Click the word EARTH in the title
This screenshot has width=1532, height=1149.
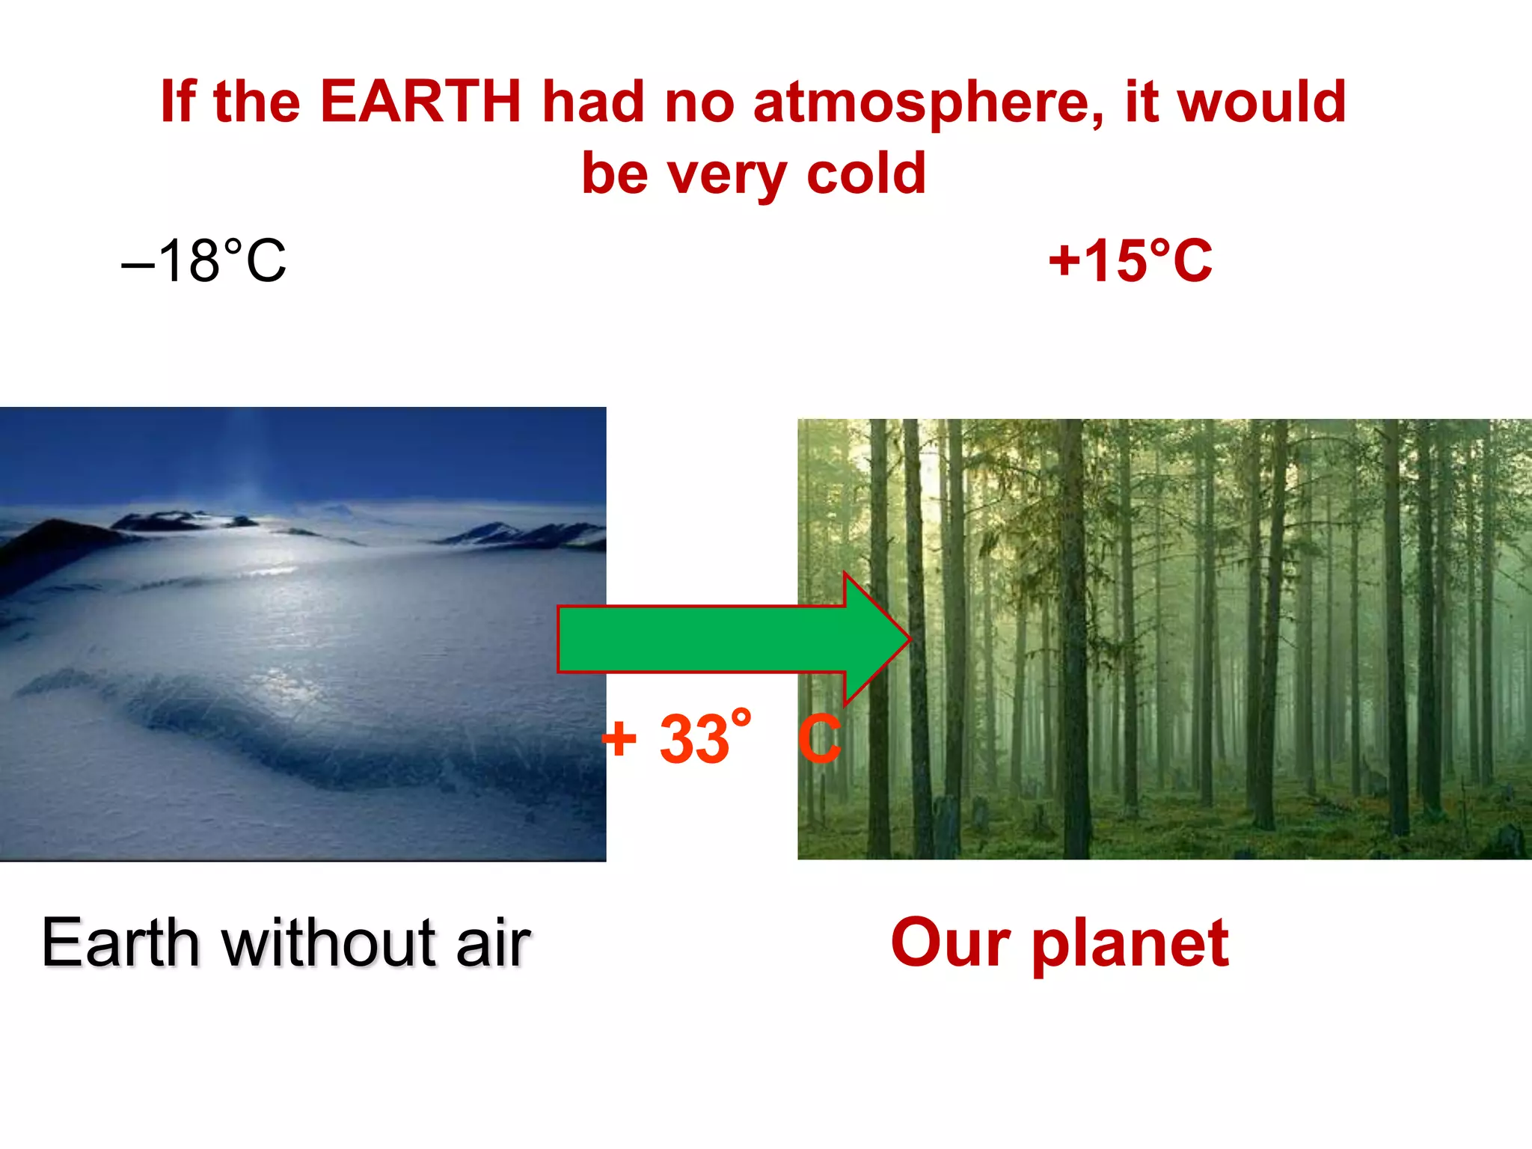[420, 102]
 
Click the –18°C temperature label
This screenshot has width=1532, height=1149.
[203, 261]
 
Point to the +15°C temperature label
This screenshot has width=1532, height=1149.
[1130, 261]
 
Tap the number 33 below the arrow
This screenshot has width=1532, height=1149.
[693, 739]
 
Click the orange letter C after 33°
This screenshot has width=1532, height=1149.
[820, 739]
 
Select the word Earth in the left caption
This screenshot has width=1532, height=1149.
[120, 943]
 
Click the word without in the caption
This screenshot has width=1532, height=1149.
[329, 943]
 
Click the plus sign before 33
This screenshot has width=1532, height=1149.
[619, 739]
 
